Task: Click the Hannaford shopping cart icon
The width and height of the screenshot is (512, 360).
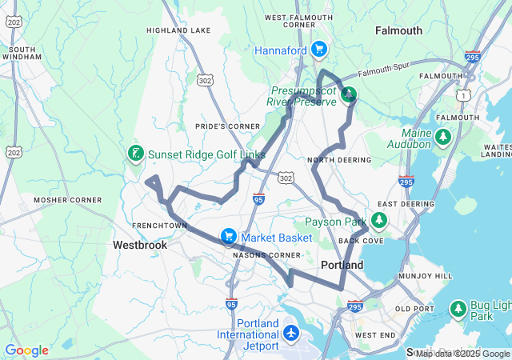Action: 319,50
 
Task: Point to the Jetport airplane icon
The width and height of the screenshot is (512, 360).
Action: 290,331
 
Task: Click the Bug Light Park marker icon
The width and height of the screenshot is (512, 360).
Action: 458,307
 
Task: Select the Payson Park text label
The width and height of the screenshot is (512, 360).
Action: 335,222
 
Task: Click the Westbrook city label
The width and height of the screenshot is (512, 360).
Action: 139,245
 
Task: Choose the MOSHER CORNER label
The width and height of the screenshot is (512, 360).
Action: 67,199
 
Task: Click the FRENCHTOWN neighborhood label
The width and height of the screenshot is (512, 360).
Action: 158,226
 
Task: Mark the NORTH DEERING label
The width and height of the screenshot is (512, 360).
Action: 340,160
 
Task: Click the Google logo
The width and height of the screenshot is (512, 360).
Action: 26,350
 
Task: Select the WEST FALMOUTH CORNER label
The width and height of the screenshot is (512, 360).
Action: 290,21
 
